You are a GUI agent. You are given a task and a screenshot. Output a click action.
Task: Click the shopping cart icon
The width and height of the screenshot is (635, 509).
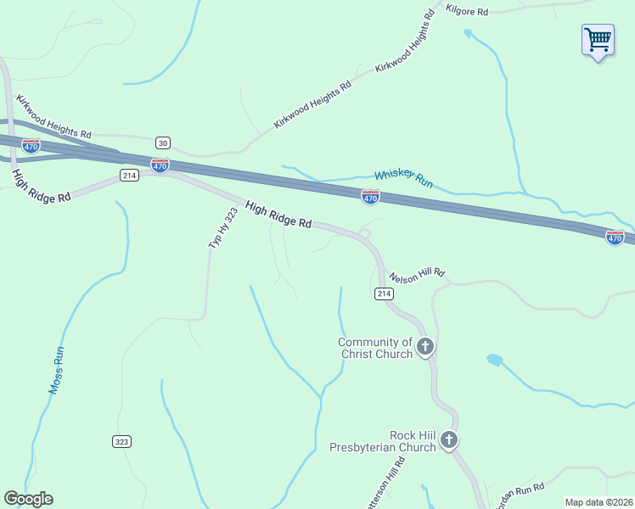[x=598, y=39]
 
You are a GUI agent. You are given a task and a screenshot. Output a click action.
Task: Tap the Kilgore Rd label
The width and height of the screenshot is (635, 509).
[x=467, y=12]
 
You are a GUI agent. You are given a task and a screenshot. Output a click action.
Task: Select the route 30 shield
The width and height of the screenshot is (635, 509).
[x=162, y=142]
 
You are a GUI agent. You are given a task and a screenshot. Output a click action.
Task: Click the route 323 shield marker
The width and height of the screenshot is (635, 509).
[x=121, y=441]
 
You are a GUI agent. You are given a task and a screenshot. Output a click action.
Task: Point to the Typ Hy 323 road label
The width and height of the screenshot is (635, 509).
[x=222, y=227]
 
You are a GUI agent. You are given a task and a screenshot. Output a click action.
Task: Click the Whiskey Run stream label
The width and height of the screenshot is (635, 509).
[x=404, y=178]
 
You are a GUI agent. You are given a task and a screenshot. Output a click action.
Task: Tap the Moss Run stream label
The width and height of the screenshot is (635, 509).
[x=56, y=370]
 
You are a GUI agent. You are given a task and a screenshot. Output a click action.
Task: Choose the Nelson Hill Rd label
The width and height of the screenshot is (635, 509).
[x=417, y=276]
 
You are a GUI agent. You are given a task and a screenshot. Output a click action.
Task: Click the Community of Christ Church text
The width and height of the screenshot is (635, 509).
[x=375, y=348]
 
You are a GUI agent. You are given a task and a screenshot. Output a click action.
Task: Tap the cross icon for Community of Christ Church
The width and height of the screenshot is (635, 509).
[x=425, y=346]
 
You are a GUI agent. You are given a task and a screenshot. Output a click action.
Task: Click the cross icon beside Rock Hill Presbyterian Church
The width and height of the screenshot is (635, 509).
[x=449, y=440]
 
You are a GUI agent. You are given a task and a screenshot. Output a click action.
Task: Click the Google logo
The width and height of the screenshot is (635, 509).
[x=28, y=499]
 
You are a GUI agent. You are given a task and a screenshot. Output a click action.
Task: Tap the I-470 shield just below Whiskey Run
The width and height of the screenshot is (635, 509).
[x=370, y=197]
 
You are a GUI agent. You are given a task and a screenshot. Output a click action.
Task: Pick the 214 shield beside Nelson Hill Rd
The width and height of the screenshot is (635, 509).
[x=384, y=294]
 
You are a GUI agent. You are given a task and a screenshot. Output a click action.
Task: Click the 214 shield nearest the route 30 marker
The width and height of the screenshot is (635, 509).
[x=128, y=176]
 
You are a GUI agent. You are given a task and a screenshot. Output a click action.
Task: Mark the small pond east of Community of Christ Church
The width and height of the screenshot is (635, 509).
[x=494, y=360]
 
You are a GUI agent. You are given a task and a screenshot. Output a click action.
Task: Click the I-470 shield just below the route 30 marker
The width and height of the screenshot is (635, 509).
[x=160, y=165]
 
